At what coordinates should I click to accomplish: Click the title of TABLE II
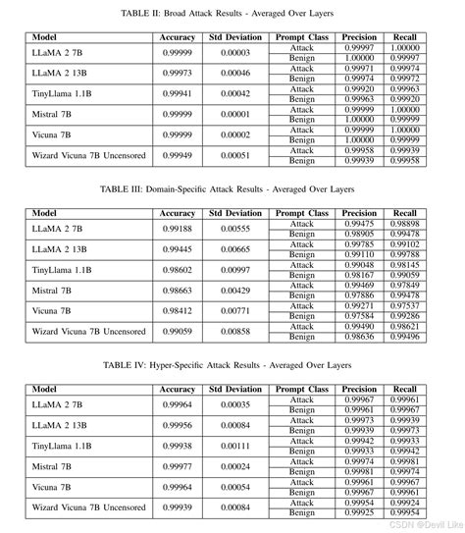(x=232, y=14)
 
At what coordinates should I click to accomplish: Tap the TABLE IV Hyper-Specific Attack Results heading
(x=232, y=363)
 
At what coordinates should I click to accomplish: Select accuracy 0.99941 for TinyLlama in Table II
(x=178, y=94)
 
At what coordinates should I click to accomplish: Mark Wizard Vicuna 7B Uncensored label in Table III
(x=88, y=332)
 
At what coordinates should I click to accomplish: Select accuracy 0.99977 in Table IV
(x=178, y=466)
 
